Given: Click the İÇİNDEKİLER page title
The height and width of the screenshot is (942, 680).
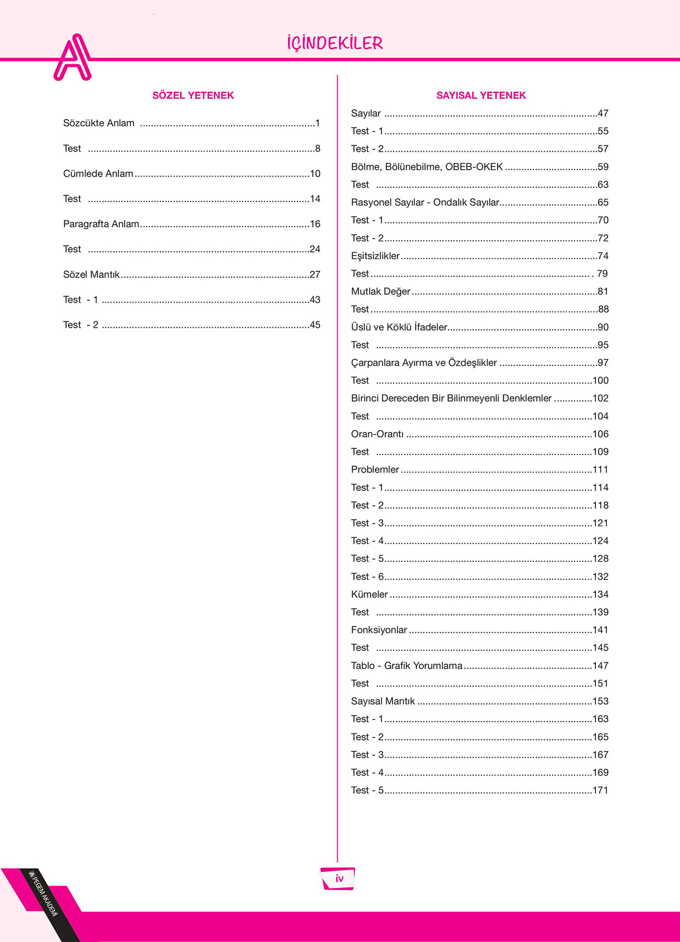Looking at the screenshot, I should tap(335, 43).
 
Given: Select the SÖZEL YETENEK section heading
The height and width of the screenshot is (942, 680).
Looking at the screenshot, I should tap(193, 95).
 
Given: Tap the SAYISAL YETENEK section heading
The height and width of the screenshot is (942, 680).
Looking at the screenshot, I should tap(481, 95).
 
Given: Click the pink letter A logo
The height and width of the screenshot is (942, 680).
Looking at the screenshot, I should tap(72, 58).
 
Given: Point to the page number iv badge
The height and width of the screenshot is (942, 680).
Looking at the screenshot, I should tap(338, 878).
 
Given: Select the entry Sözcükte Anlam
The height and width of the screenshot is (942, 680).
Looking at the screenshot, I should tap(98, 123).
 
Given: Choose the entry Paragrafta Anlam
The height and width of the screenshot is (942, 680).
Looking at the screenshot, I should tap(101, 224).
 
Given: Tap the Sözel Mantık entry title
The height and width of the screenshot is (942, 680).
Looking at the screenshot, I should tap(91, 275).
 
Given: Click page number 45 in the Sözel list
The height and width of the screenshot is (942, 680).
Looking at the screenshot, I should tap(315, 325).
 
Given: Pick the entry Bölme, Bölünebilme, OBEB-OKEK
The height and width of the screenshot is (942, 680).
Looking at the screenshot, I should tap(427, 167).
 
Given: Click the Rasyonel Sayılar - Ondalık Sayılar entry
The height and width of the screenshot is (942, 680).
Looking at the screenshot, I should tap(425, 203).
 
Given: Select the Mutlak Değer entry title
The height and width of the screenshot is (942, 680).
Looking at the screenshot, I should tap(380, 292).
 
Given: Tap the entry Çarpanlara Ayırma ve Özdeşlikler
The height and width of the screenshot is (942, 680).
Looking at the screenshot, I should tap(424, 363).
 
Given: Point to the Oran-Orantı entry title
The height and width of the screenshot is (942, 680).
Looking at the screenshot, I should tap(377, 434).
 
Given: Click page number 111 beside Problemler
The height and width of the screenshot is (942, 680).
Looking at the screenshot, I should tap(600, 470).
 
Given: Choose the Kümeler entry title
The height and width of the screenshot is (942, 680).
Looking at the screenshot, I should tap(369, 594).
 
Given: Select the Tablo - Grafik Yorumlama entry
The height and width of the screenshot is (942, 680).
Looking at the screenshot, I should tap(406, 666).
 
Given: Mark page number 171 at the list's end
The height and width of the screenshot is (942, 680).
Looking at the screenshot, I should tap(600, 790).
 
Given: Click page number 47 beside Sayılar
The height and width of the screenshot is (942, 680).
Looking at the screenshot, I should tap(603, 113).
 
